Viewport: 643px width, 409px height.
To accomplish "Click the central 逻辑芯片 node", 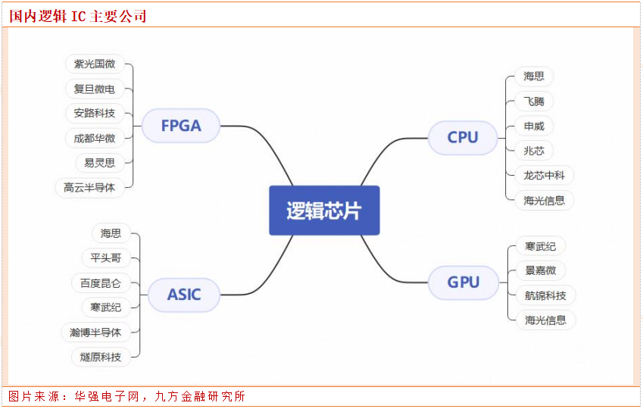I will pos(324,211).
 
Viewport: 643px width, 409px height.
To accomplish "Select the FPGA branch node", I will pos(181,126).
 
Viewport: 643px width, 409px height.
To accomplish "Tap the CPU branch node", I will pos(463,137).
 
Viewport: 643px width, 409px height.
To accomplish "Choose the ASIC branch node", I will pos(184,295).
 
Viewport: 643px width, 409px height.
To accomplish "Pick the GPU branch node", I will pos(463,283).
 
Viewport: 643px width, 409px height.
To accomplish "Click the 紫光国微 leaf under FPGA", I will pos(95,64).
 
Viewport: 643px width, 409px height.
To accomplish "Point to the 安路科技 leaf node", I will pos(95,114).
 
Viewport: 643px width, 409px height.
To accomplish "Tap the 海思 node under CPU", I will pos(533,76).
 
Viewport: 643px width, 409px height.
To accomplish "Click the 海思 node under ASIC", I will pos(111,233).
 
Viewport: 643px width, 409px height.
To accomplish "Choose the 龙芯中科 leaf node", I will pos(544,175).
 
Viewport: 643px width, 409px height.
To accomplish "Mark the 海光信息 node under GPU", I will pos(545,320).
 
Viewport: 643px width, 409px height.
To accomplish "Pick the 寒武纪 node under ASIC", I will pos(105,307).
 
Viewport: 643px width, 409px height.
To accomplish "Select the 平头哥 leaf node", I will pos(105,258).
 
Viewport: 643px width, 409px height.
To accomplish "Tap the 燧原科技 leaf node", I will pos(100,356).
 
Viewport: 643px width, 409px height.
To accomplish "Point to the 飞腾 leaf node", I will pos(533,101).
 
